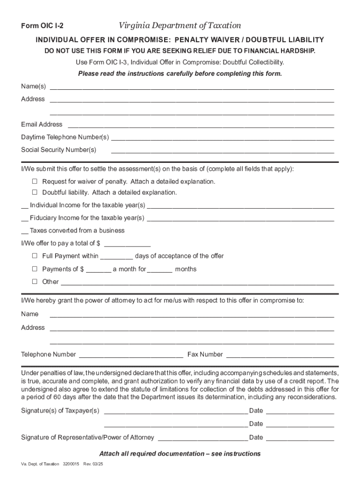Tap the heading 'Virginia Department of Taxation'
pos(180,26)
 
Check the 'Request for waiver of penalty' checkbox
pos(35,181)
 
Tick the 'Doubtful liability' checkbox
pos(35,192)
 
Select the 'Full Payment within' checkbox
pos(35,256)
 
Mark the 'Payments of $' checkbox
pos(35,269)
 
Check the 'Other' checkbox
pos(35,282)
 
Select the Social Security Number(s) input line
pos(222,151)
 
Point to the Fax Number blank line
pos(280,355)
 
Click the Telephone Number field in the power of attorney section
pos(131,355)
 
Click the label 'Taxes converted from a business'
pos(77,231)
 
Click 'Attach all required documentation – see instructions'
pos(180,454)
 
